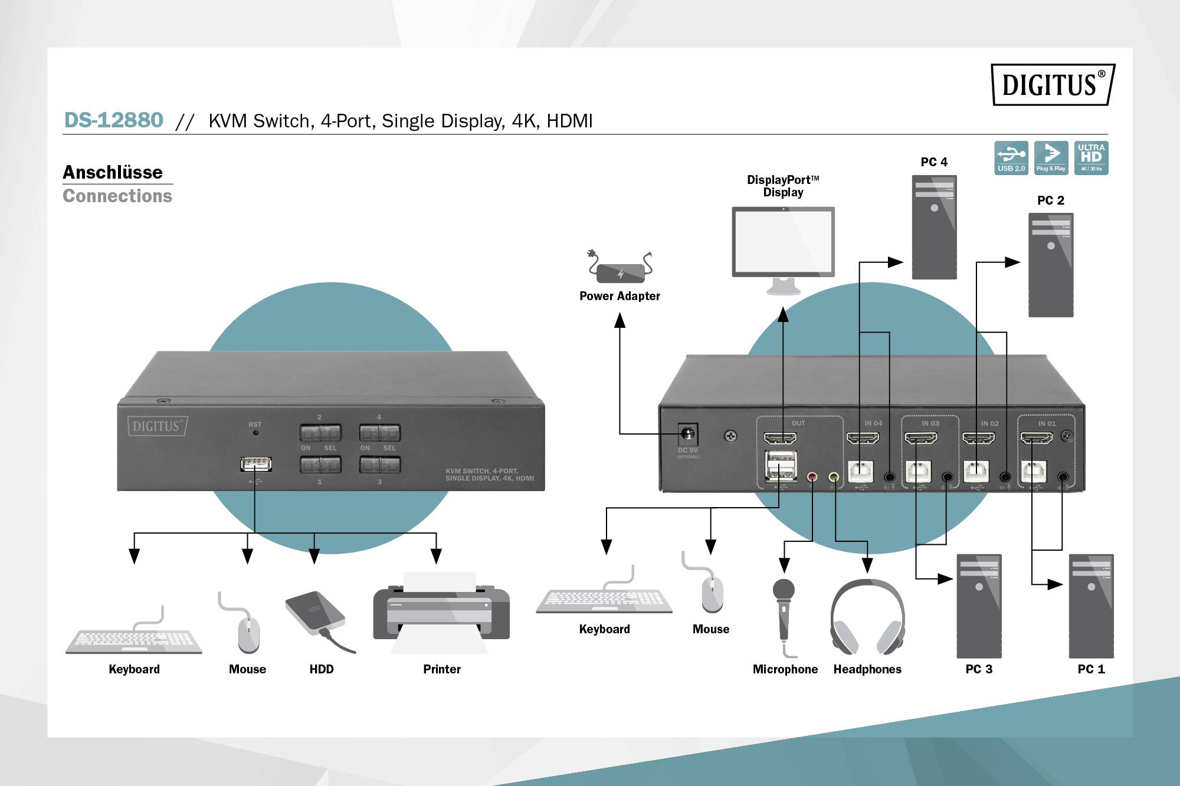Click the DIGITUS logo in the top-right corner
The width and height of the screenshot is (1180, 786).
[1052, 85]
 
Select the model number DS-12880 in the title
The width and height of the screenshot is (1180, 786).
[113, 120]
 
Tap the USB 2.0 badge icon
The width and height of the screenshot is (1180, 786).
[1011, 157]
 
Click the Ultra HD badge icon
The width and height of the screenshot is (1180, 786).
[1091, 157]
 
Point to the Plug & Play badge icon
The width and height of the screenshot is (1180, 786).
[1051, 157]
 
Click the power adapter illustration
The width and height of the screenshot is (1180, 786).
[620, 271]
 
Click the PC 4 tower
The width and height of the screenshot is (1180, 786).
[934, 227]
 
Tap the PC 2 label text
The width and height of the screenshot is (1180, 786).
[1050, 200]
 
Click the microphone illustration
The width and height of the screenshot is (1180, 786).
[784, 613]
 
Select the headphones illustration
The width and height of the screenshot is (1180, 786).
[867, 616]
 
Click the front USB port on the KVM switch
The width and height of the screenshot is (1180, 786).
[256, 464]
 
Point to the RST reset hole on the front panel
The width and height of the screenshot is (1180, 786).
[255, 432]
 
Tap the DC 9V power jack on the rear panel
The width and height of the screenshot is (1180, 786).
[687, 435]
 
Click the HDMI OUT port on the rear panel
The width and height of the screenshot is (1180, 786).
[780, 438]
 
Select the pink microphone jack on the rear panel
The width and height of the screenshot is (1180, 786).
[812, 476]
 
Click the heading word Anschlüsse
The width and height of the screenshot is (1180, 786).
[113, 172]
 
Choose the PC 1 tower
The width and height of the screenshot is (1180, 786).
[1091, 606]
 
